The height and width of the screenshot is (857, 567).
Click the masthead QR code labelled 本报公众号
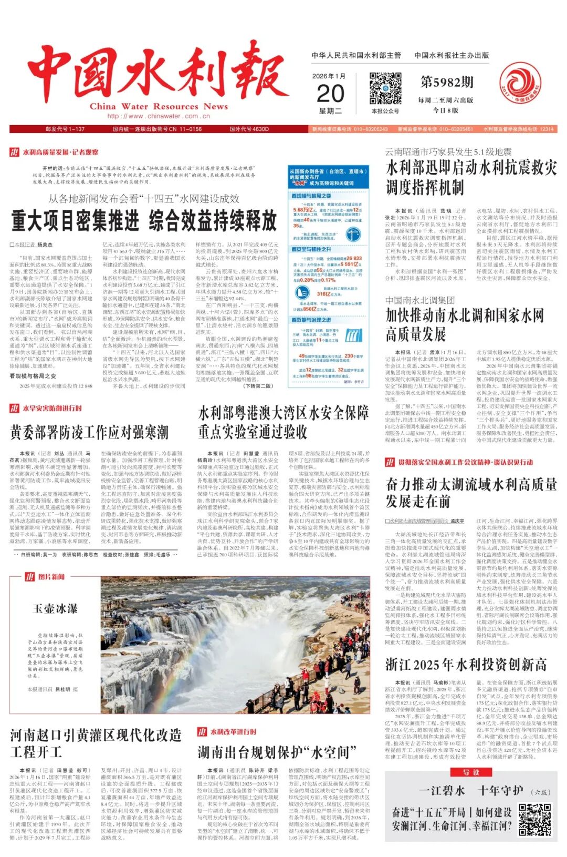pyautogui.click(x=385, y=89)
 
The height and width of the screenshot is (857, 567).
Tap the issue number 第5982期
pyautogui.click(x=447, y=82)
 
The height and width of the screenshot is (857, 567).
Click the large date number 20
pyautogui.click(x=331, y=93)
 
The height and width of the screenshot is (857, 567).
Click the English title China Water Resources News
pyautogui.click(x=159, y=106)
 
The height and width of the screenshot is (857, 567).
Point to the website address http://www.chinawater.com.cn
pyautogui.click(x=153, y=116)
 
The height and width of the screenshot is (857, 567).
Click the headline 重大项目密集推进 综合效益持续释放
pyautogui.click(x=144, y=220)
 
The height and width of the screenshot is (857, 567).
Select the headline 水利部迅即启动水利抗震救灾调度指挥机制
pyautogui.click(x=471, y=177)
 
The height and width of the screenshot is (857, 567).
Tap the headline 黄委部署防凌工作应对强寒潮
pyautogui.click(x=89, y=432)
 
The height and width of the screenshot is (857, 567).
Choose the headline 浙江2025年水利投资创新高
pyautogui.click(x=466, y=665)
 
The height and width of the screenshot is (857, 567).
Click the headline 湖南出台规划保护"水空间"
pyautogui.click(x=273, y=752)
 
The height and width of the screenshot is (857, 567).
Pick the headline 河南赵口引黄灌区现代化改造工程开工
pyautogui.click(x=96, y=743)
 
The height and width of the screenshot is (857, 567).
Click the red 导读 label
pyautogui.click(x=470, y=772)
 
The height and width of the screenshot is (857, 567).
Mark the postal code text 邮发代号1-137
pyautogui.click(x=65, y=129)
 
